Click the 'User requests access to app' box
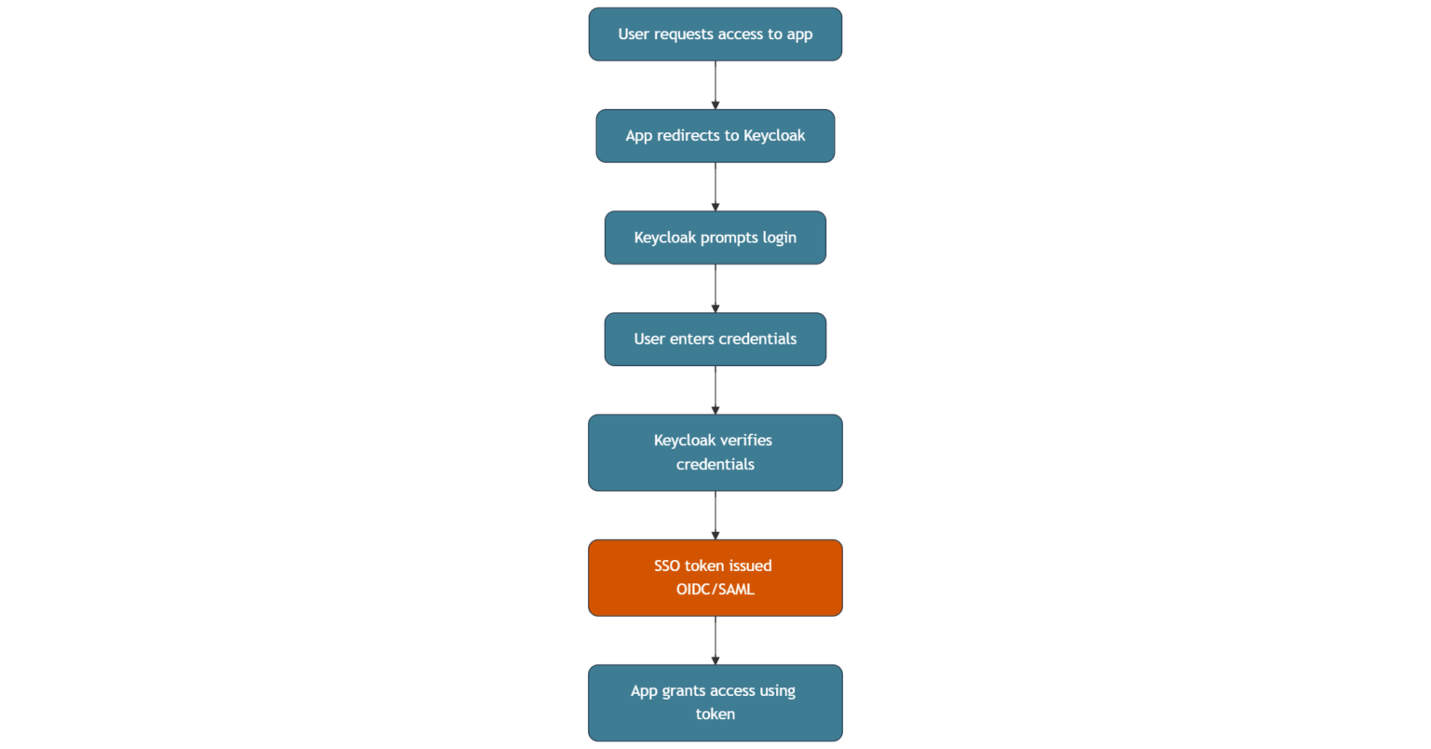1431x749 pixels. pyautogui.click(x=715, y=34)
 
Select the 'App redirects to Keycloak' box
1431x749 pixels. pyautogui.click(x=715, y=136)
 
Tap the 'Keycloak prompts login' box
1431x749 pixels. pyautogui.click(x=715, y=238)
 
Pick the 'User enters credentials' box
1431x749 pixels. pyautogui.click(x=715, y=339)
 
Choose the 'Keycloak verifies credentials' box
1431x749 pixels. pyautogui.click(x=715, y=453)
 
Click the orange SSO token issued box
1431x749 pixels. pyautogui.click(x=715, y=578)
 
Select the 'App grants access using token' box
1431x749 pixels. pyautogui.click(x=715, y=702)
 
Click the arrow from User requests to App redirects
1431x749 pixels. pyautogui.click(x=715, y=86)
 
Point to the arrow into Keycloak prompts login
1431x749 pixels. pyautogui.click(x=715, y=187)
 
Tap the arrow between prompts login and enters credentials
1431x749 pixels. pyautogui.click(x=715, y=289)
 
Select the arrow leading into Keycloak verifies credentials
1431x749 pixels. pyautogui.click(x=715, y=390)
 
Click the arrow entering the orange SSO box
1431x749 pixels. pyautogui.click(x=715, y=515)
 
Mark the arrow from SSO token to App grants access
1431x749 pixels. pyautogui.click(x=715, y=640)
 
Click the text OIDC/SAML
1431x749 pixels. pyautogui.click(x=715, y=590)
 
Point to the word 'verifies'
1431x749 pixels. pyautogui.click(x=745, y=441)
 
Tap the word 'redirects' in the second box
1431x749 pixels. pyautogui.click(x=688, y=136)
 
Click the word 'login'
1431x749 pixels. pyautogui.click(x=779, y=238)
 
